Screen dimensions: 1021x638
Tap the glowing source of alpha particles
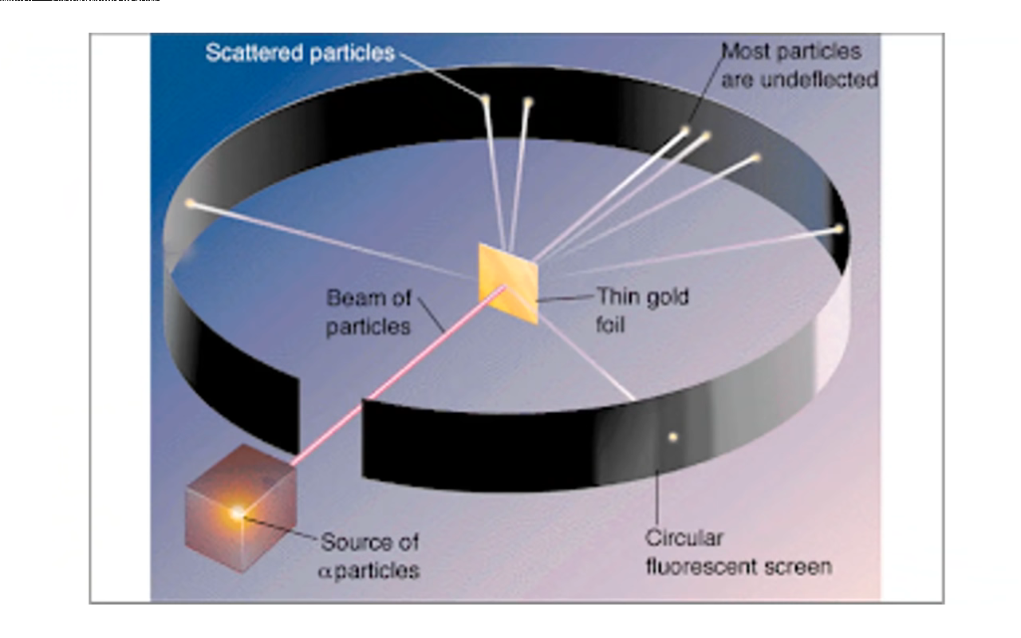click(237, 513)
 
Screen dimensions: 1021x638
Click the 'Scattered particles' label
click(300, 53)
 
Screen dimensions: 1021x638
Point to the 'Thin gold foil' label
click(643, 310)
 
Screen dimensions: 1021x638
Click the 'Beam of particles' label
click(369, 312)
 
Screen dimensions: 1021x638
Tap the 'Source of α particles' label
click(370, 556)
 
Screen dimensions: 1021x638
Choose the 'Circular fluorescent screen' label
click(738, 552)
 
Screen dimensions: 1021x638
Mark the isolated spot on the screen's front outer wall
click(673, 436)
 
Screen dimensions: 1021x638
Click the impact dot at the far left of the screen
click(190, 203)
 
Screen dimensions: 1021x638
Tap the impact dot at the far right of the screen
click(838, 229)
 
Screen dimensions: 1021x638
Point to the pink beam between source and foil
click(399, 375)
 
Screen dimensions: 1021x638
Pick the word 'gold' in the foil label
click(665, 297)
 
